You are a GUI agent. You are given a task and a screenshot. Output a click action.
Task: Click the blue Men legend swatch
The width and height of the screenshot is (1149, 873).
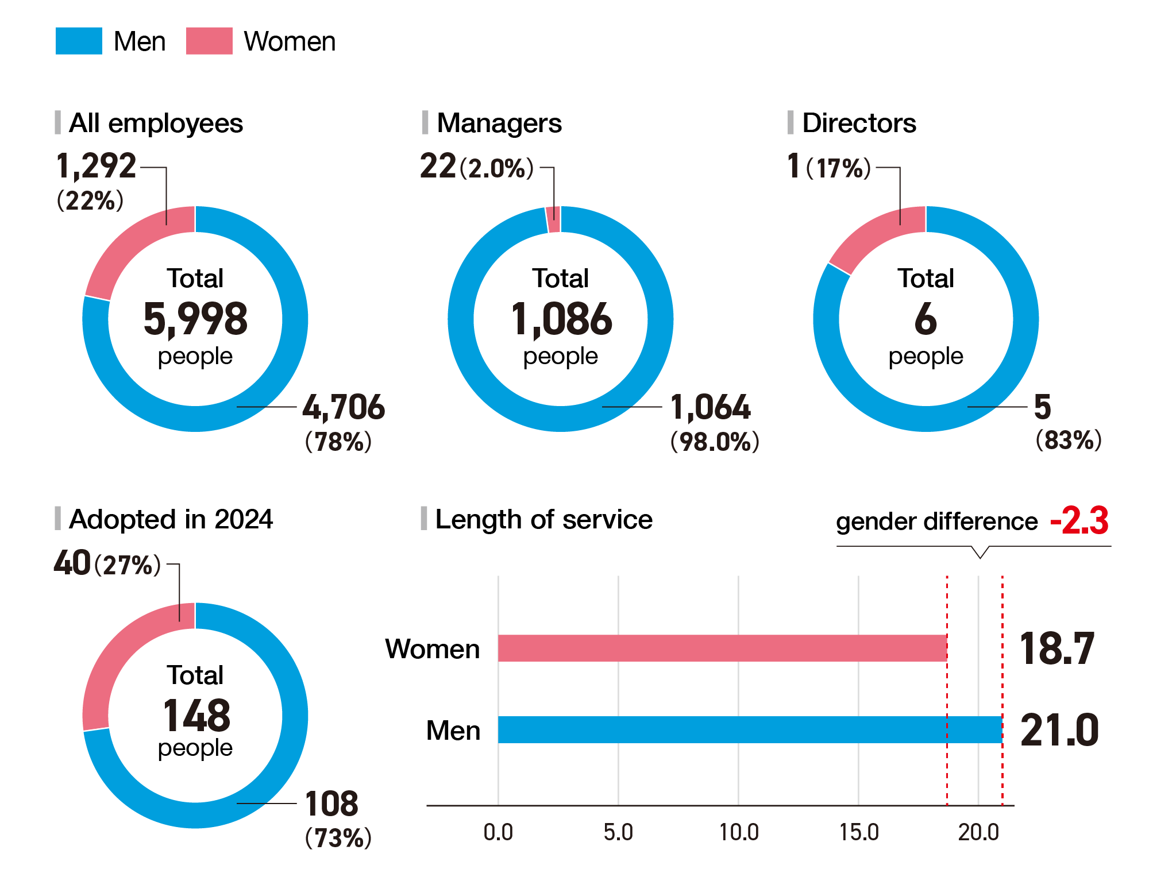pyautogui.click(x=79, y=41)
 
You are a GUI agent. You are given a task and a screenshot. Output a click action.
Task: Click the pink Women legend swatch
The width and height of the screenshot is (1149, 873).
pyautogui.click(x=209, y=41)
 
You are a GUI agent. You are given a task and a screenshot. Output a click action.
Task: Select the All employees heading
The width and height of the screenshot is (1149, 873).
pyautogui.click(x=156, y=123)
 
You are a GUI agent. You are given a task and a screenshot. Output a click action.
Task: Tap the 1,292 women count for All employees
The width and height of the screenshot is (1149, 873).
pyautogui.click(x=96, y=166)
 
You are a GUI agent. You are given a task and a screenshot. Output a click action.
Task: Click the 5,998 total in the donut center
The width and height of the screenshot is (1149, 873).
pyautogui.click(x=195, y=319)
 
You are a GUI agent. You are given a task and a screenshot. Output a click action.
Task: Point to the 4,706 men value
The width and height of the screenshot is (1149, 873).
pyautogui.click(x=344, y=407)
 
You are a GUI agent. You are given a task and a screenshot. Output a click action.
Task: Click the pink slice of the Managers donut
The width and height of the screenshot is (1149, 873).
pyautogui.click(x=553, y=219)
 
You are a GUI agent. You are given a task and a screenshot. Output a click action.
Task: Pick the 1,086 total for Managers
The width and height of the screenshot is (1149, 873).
pyautogui.click(x=561, y=319)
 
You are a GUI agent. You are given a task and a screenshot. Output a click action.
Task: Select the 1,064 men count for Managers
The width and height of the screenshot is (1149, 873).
pyautogui.click(x=711, y=407)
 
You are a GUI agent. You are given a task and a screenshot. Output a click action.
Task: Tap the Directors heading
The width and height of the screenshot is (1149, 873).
pyautogui.click(x=859, y=123)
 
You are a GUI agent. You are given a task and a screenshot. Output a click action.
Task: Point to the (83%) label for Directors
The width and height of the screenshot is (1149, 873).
pyautogui.click(x=1069, y=440)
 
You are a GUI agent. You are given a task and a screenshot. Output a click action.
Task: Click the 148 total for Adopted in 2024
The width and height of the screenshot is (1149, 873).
pyautogui.click(x=196, y=716)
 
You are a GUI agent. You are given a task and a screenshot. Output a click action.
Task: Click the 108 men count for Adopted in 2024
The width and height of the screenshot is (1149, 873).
pyautogui.click(x=331, y=804)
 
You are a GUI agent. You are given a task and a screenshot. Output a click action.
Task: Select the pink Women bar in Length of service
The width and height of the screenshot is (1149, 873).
pyautogui.click(x=722, y=648)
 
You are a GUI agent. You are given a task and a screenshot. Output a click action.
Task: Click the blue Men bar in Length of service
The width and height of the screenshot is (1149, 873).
pyautogui.click(x=750, y=730)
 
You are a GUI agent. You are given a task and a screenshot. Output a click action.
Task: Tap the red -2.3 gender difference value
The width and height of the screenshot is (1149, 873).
pyautogui.click(x=1079, y=520)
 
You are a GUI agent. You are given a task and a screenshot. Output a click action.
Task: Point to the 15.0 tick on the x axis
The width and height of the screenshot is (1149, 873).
pyautogui.click(x=859, y=832)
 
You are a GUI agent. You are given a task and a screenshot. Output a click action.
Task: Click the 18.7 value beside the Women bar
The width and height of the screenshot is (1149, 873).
pyautogui.click(x=1057, y=649)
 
